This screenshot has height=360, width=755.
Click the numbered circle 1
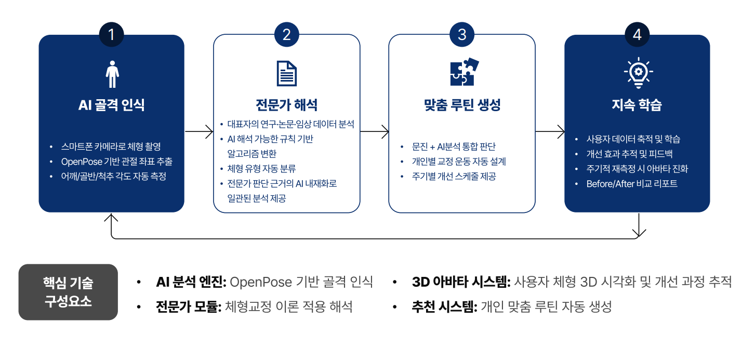click(x=111, y=35)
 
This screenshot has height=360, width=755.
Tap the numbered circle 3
click(x=462, y=35)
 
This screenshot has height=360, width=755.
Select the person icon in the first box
click(x=112, y=74)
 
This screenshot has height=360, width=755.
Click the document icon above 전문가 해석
click(x=286, y=73)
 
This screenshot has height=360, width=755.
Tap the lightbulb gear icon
click(x=638, y=73)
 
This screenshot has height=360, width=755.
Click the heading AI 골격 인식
click(x=111, y=105)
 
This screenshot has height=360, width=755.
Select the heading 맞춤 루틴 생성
click(x=462, y=105)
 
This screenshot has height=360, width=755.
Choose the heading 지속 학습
click(x=637, y=105)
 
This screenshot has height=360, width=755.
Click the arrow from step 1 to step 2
click(x=199, y=131)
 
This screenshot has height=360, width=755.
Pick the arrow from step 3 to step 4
click(x=550, y=131)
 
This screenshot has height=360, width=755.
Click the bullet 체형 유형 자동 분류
click(x=261, y=169)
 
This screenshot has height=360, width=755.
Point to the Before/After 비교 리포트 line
click(x=632, y=184)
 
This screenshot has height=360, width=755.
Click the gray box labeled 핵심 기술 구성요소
click(x=68, y=292)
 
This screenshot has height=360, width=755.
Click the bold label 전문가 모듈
click(x=189, y=307)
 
